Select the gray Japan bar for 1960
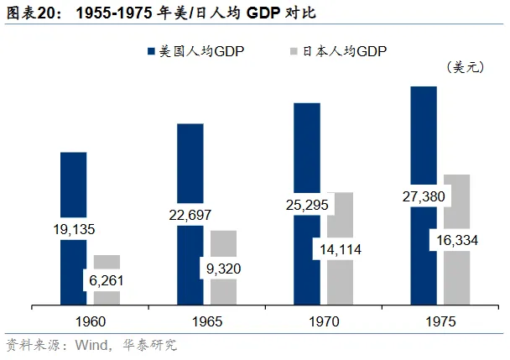[x=107, y=263]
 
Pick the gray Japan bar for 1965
[x=223, y=248]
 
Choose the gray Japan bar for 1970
[x=340, y=214]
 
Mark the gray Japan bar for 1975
[x=456, y=201]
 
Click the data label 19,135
[x=74, y=227]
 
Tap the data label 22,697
[x=190, y=215]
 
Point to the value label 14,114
[x=340, y=248]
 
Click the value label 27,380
[x=424, y=197]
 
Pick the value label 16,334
[x=456, y=240]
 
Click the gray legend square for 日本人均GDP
[x=294, y=52]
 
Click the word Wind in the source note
[x=91, y=345]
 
